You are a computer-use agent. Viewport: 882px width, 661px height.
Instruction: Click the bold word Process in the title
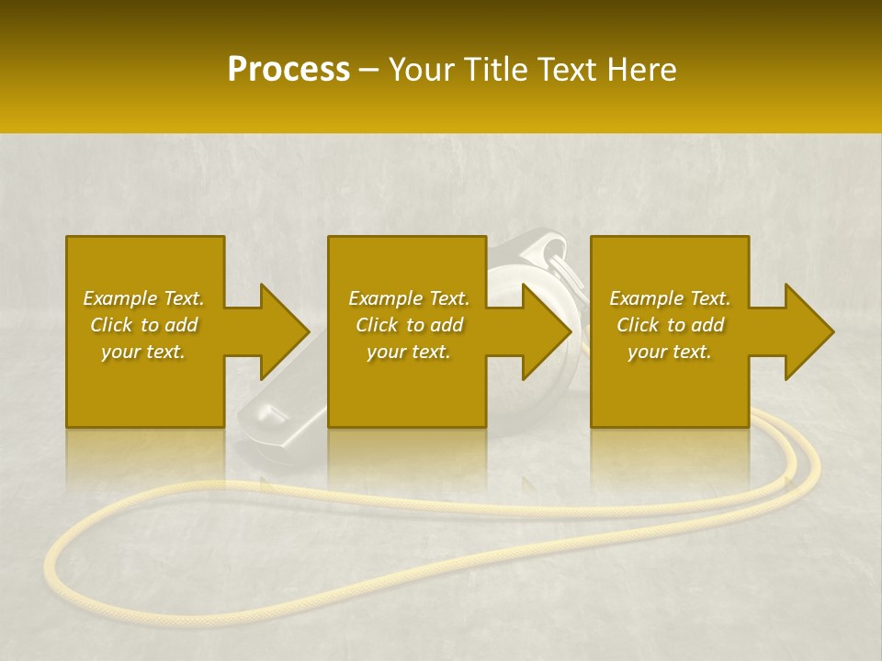click(x=288, y=70)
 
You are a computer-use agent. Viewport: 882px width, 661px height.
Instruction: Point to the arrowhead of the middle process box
click(x=546, y=331)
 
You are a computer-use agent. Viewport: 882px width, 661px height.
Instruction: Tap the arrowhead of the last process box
click(x=808, y=331)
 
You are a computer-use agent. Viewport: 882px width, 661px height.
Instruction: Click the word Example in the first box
click(x=120, y=298)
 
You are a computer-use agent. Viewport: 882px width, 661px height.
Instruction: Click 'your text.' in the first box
click(x=143, y=352)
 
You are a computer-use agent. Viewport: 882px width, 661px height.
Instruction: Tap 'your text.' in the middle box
click(x=409, y=352)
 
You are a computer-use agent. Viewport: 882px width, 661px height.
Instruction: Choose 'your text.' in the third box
click(x=670, y=352)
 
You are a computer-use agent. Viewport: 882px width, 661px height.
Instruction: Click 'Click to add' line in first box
click(x=143, y=325)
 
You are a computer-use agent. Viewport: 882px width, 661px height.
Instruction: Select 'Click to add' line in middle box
click(x=409, y=325)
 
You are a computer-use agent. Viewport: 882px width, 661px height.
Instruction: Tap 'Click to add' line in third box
click(x=670, y=325)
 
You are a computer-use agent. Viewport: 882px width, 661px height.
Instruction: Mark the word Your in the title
click(x=422, y=70)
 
